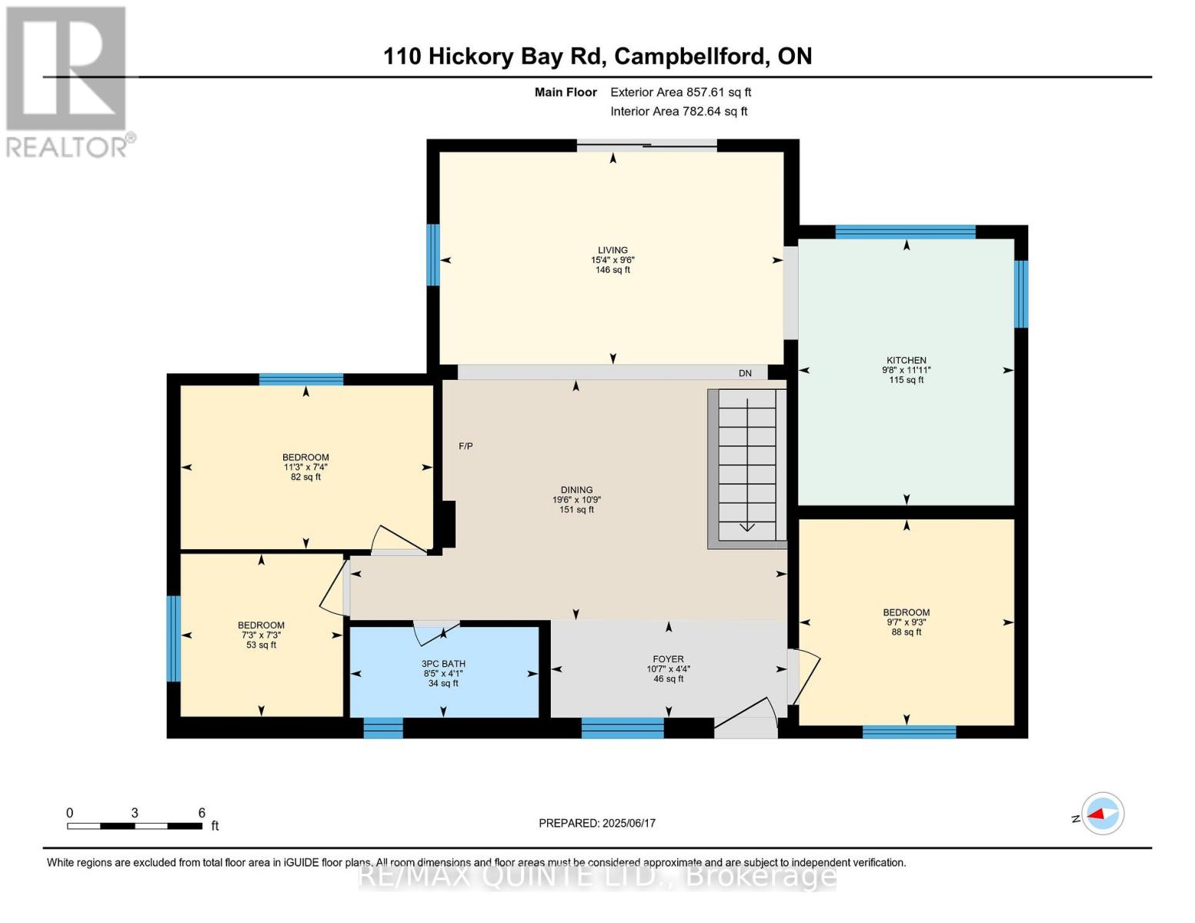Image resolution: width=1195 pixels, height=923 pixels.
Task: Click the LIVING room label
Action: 613,251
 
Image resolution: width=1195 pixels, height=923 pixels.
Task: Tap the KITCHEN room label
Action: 906,361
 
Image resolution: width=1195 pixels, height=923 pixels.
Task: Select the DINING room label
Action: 576,490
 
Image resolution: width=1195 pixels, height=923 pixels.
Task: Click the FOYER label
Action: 668,659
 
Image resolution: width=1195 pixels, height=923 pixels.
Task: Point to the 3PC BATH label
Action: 443,664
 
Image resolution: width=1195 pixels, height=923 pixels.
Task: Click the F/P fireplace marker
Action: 466,446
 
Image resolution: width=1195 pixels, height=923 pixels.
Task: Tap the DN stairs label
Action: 745,373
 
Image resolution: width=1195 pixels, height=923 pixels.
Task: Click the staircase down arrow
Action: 746,525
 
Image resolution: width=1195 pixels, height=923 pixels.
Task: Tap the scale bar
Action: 135,826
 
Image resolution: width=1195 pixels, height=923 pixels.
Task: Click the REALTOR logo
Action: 68,81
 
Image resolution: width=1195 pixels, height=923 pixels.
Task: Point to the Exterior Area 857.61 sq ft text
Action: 680,92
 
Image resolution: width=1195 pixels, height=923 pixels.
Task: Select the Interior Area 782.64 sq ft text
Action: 679,112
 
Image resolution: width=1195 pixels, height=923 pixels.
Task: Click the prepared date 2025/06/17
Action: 597,823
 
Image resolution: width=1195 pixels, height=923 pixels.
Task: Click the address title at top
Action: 597,56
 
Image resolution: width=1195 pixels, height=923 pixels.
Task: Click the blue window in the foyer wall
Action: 622,728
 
